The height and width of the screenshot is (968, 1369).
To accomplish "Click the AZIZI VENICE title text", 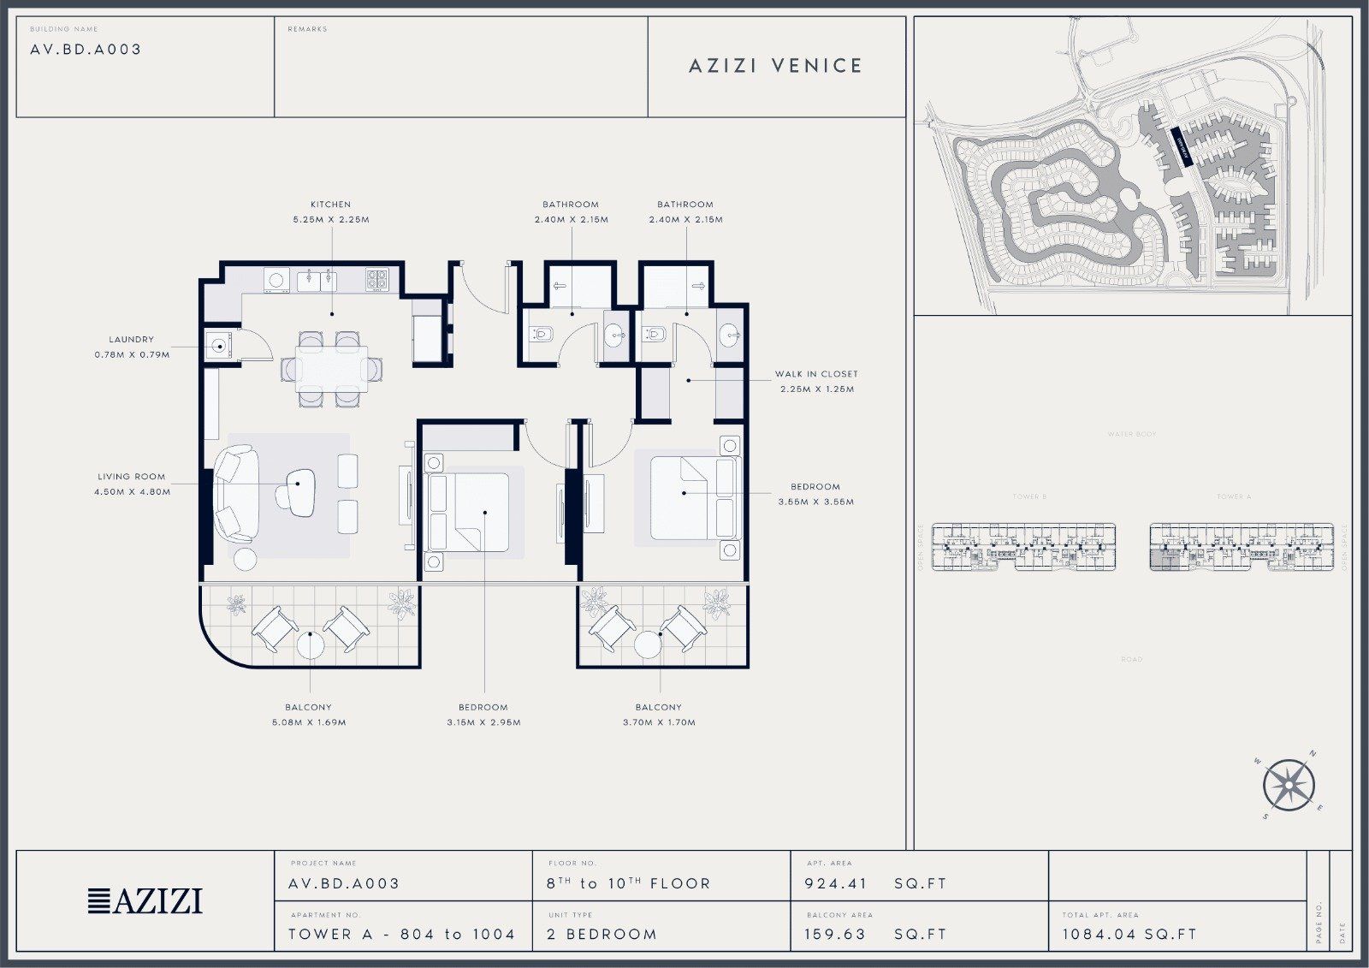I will tap(775, 66).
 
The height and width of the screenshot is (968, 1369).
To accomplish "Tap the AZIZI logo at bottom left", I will tap(145, 900).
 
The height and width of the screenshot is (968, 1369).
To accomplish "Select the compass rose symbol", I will tap(1289, 785).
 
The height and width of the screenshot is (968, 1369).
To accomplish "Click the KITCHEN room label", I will tap(330, 205).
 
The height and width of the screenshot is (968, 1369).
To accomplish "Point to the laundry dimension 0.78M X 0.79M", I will tap(132, 354).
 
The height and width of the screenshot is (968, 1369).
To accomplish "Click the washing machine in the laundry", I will tap(220, 347).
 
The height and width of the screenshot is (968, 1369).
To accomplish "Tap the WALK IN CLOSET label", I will tap(816, 374).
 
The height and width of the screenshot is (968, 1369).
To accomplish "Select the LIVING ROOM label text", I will tap(131, 477).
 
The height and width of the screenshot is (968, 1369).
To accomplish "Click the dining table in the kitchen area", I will tap(331, 369).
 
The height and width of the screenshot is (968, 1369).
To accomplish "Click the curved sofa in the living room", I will tap(232, 496).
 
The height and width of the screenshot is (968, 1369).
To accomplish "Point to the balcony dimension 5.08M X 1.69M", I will tap(308, 722).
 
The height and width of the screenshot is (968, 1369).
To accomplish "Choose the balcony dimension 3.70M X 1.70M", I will tap(659, 722).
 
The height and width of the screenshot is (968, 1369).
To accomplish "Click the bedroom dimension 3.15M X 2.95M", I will tap(483, 722).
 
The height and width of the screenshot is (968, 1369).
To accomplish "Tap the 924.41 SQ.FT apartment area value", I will tap(875, 883).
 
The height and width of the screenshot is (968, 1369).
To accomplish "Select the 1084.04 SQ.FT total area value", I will tap(1129, 935).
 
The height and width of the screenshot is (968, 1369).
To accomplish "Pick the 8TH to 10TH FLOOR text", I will tap(628, 883).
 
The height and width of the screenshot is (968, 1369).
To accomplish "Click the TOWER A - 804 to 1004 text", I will tap(401, 935).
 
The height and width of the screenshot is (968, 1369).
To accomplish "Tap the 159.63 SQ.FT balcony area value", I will tap(875, 935).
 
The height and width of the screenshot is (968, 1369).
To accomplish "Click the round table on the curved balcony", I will tap(311, 645).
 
